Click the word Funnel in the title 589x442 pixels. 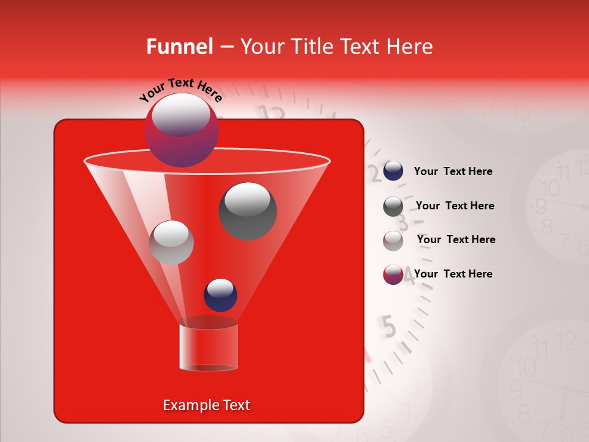point(179,47)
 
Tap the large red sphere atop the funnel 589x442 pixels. point(181,130)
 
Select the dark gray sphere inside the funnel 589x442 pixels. point(247,211)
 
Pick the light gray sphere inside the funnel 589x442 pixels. point(171,242)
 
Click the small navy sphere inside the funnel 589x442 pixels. point(220,295)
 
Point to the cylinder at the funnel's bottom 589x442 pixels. point(209,347)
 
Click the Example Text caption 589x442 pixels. point(206,405)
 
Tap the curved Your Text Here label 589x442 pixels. point(180,90)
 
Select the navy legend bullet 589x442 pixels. point(393,171)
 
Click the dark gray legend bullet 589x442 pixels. point(393,206)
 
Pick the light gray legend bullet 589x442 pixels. point(393,241)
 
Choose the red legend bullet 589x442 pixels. point(393,274)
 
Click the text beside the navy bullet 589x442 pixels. point(453,172)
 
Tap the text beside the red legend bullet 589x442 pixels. point(453,274)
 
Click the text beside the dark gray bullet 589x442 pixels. point(455,206)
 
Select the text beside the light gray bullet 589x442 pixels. point(456,239)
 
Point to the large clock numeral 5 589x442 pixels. point(388,326)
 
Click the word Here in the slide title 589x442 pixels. point(410,47)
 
